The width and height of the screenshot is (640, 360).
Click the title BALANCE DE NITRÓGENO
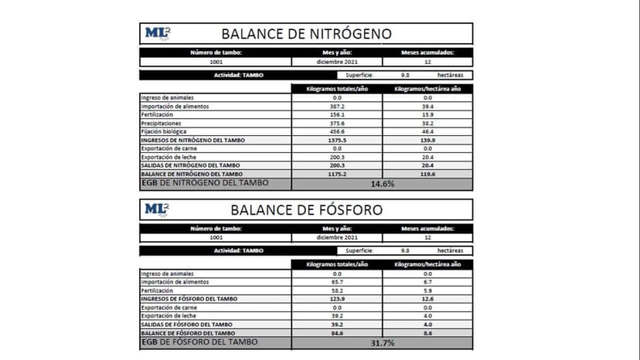click(x=306, y=33)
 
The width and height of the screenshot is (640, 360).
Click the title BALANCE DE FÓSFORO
click(x=306, y=209)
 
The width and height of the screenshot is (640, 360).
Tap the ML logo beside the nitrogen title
click(x=157, y=33)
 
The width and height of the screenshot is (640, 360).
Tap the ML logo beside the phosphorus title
click(x=157, y=209)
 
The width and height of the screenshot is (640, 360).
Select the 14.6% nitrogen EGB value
click(x=382, y=184)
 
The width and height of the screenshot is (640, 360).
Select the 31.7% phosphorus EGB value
click(x=382, y=342)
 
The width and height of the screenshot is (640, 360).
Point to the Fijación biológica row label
click(x=165, y=131)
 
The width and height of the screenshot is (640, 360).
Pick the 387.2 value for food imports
click(x=336, y=106)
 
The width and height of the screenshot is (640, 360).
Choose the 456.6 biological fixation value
click(x=336, y=131)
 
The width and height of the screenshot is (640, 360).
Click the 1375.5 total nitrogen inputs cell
click(x=336, y=140)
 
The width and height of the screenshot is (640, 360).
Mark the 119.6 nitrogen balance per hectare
click(x=427, y=174)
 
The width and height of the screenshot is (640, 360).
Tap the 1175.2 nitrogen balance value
click(x=336, y=174)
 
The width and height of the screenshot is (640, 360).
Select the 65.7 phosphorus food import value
click(x=336, y=282)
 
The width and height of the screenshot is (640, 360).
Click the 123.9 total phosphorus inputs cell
click(x=336, y=299)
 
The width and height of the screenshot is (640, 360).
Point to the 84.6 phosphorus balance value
click(x=336, y=333)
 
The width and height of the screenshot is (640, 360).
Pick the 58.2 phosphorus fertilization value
click(x=336, y=290)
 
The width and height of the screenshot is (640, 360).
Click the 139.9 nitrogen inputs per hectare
click(x=427, y=140)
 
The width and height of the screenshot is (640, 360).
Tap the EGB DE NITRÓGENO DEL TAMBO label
click(x=204, y=183)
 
